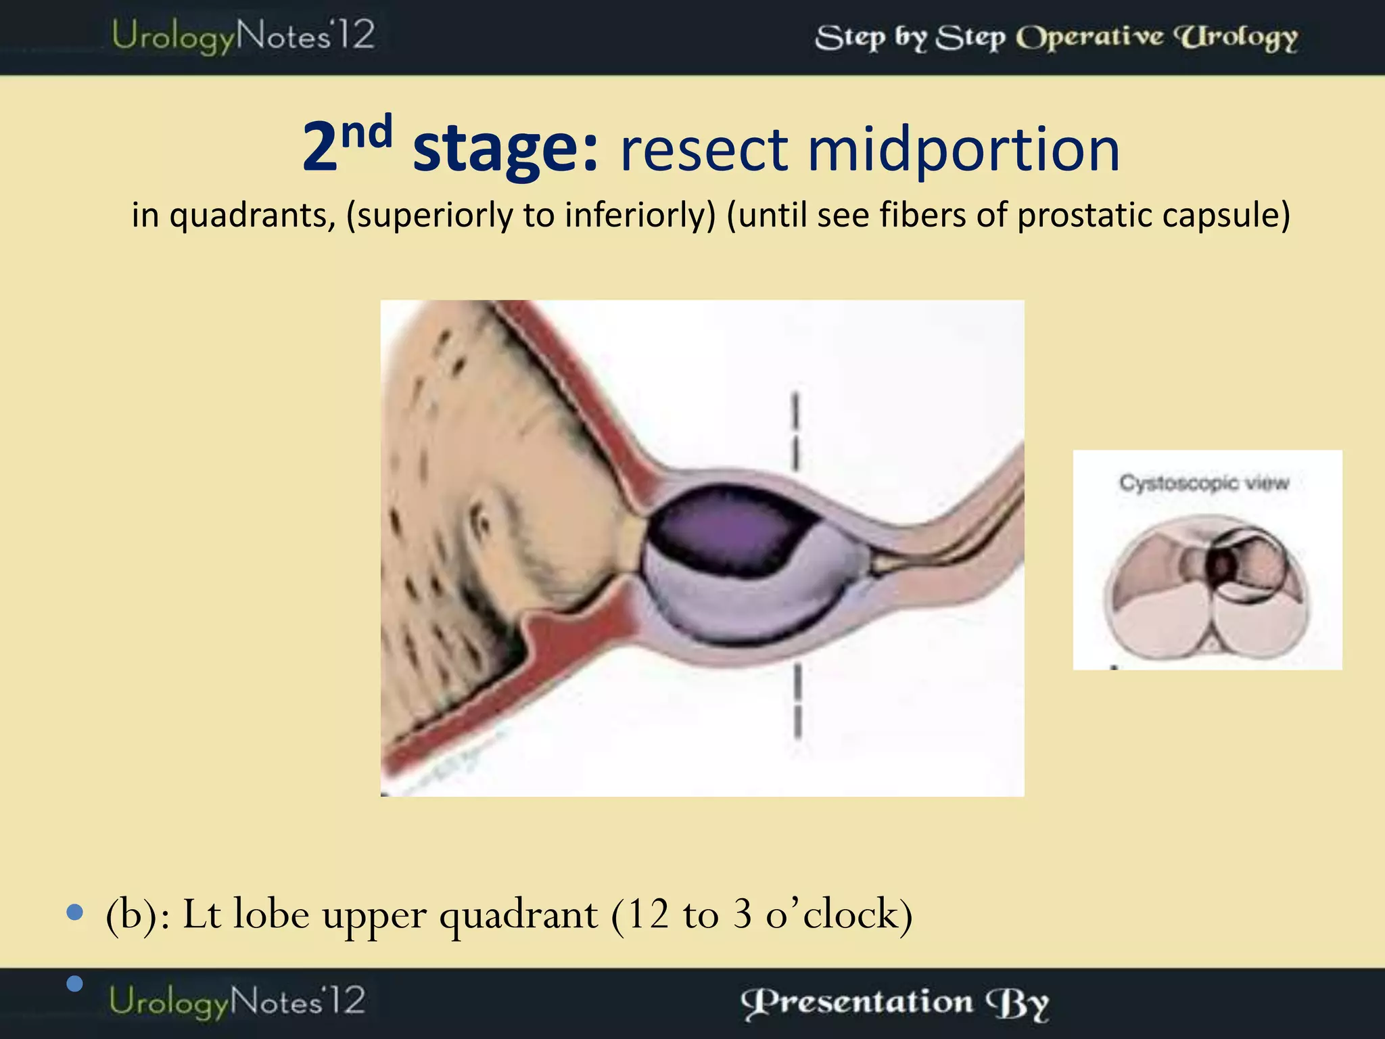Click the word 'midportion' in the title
pyautogui.click(x=963, y=150)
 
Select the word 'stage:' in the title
pyautogui.click(x=505, y=150)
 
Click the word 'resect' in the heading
pyautogui.click(x=703, y=150)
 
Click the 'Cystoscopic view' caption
pyautogui.click(x=1204, y=483)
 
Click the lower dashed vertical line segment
pyautogui.click(x=797, y=700)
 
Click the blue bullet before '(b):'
pyautogui.click(x=75, y=913)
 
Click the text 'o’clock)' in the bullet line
pyautogui.click(x=839, y=915)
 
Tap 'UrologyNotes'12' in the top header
pyautogui.click(x=242, y=35)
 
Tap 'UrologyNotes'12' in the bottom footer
pyautogui.click(x=237, y=1001)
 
